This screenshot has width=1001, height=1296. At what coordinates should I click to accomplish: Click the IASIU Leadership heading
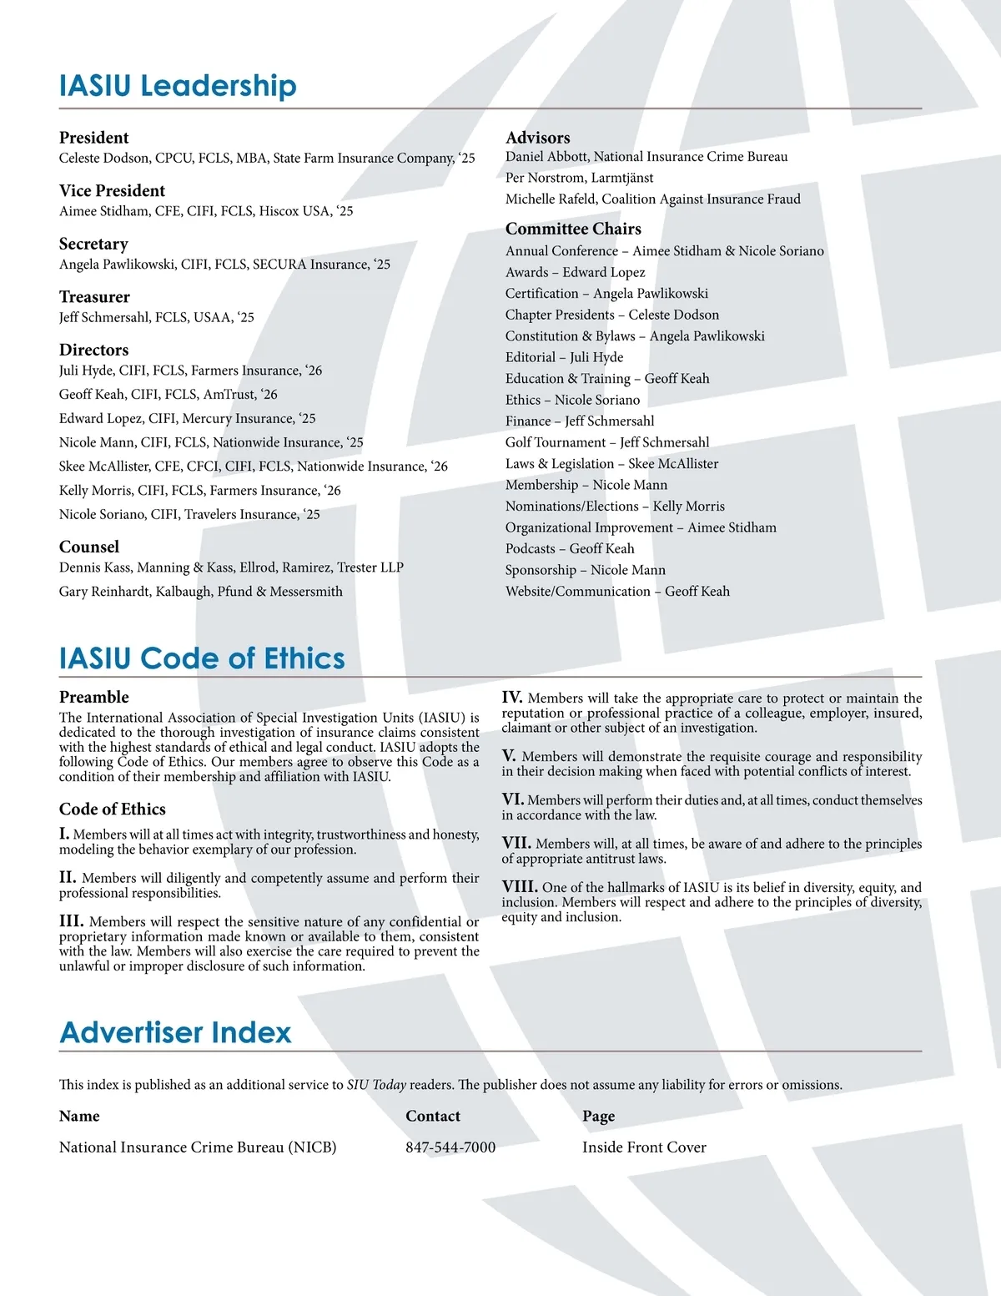pyautogui.click(x=178, y=86)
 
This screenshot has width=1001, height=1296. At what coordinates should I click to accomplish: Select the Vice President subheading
pyautogui.click(x=112, y=191)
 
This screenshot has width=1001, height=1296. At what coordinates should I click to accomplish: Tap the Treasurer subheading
pyautogui.click(x=94, y=297)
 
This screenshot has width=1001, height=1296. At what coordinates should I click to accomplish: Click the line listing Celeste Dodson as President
pyautogui.click(x=267, y=159)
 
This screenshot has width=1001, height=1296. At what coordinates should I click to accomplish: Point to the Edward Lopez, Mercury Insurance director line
pyautogui.click(x=187, y=419)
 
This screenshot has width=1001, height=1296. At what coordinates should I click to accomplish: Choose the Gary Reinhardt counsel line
pyautogui.click(x=200, y=592)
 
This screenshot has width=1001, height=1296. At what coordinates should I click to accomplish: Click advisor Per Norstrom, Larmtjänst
pyautogui.click(x=579, y=178)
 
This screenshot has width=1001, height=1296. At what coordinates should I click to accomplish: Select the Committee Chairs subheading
pyautogui.click(x=573, y=229)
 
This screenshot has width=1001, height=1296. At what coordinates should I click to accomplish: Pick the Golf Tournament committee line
pyautogui.click(x=606, y=442)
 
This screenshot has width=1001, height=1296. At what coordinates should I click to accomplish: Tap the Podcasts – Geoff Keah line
pyautogui.click(x=569, y=549)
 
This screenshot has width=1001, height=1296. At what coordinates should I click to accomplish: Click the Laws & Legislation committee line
pyautogui.click(x=611, y=464)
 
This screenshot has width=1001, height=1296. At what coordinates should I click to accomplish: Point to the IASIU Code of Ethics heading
pyautogui.click(x=202, y=658)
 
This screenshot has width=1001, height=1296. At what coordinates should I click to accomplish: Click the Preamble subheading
pyautogui.click(x=93, y=698)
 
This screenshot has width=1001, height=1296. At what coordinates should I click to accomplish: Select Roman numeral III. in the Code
pyautogui.click(x=71, y=921)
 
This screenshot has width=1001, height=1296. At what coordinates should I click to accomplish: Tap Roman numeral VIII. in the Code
pyautogui.click(x=519, y=887)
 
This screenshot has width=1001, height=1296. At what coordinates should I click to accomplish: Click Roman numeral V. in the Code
pyautogui.click(x=509, y=756)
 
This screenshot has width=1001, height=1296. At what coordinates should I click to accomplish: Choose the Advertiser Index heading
pyautogui.click(x=175, y=1032)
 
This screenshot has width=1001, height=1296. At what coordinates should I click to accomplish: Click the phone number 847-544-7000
pyautogui.click(x=450, y=1147)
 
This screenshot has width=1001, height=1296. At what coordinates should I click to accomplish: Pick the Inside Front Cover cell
pyautogui.click(x=644, y=1147)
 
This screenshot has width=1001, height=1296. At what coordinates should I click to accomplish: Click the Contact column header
pyautogui.click(x=432, y=1117)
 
